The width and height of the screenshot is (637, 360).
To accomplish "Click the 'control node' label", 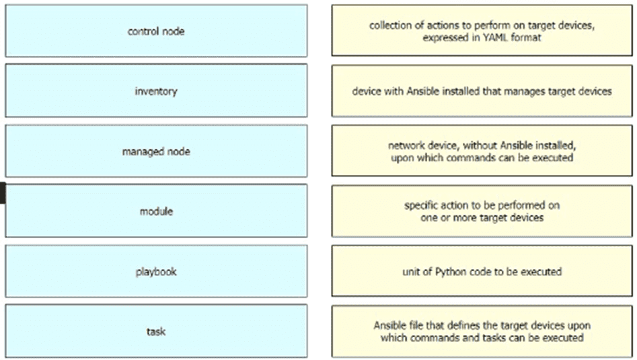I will pyautogui.click(x=156, y=31).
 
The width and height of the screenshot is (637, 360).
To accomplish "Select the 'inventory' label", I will pyautogui.click(x=156, y=91).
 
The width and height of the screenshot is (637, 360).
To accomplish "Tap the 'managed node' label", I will pyautogui.click(x=156, y=151).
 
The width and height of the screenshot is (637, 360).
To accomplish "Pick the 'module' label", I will pyautogui.click(x=156, y=211).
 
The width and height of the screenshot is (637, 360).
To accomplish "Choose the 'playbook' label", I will pyautogui.click(x=156, y=272).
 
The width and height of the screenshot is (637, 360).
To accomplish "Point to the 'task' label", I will pyautogui.click(x=156, y=331).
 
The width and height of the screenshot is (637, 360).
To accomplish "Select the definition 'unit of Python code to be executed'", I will pyautogui.click(x=482, y=272).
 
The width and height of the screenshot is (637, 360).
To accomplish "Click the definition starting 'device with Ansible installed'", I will pyautogui.click(x=482, y=91).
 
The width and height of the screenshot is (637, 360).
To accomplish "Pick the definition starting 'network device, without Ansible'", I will pyautogui.click(x=482, y=151).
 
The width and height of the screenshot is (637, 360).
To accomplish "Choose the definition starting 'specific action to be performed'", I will pyautogui.click(x=482, y=211).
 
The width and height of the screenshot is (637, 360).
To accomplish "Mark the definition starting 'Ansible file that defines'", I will pyautogui.click(x=482, y=331).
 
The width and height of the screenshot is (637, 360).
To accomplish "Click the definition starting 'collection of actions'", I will pyautogui.click(x=482, y=31).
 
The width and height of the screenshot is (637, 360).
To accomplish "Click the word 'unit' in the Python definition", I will pyautogui.click(x=411, y=272).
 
